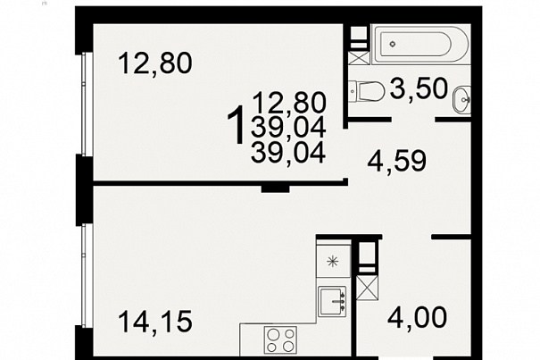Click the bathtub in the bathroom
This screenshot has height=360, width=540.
point(420,44)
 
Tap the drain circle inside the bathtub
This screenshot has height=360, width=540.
point(393,44)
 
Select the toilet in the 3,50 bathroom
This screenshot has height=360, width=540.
point(367,91)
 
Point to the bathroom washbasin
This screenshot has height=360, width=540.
point(461,100)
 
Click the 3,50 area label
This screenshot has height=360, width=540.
point(419,88)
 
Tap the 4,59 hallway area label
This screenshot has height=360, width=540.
point(396,160)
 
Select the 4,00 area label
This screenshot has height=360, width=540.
point(417,317)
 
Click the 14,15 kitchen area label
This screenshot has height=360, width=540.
point(154,322)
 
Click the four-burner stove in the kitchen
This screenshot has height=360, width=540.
point(280,339)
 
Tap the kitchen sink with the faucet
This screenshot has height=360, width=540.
point(332,301)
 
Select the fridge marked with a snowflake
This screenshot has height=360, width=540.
point(333,261)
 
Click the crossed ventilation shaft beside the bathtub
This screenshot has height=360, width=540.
point(359,57)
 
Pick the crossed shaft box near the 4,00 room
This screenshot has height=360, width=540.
point(368,288)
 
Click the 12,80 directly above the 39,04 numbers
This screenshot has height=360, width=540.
point(289,103)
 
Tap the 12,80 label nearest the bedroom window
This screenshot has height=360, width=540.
point(154,63)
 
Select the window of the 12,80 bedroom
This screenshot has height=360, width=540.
point(84,104)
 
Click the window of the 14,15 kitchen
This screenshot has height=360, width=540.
point(84,275)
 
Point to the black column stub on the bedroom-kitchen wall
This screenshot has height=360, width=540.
point(275,188)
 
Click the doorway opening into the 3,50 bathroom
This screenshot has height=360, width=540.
point(413,120)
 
